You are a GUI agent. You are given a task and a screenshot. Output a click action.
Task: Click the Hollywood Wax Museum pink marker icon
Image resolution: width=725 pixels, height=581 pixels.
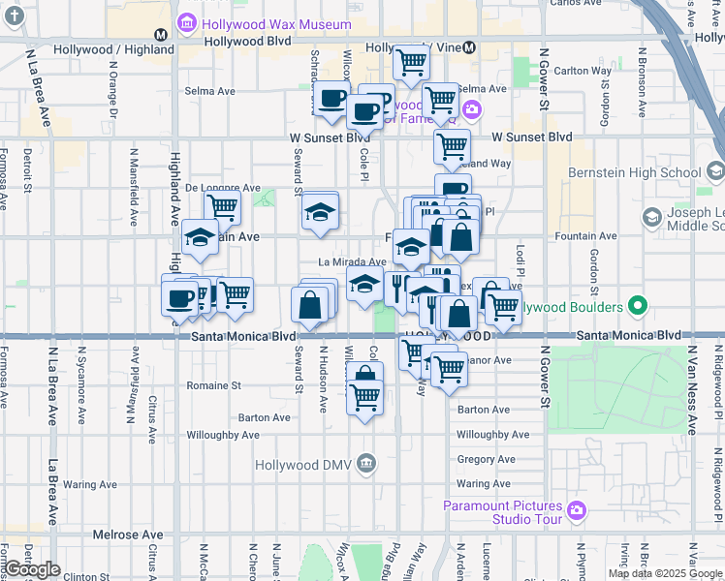click(185, 22)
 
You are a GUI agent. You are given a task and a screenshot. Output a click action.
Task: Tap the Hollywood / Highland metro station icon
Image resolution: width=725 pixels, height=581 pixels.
click(161, 34)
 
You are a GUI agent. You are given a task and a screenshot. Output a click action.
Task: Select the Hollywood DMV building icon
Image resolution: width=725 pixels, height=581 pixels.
click(365, 464)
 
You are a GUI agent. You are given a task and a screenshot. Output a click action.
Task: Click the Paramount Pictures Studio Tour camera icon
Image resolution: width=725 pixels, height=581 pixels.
click(577, 508)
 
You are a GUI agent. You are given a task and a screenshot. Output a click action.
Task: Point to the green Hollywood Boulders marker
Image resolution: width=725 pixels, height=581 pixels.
click(637, 307)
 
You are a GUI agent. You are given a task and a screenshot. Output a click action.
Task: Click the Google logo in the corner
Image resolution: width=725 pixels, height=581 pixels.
click(32, 569)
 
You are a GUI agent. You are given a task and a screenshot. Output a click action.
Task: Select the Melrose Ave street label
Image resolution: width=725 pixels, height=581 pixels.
click(128, 535)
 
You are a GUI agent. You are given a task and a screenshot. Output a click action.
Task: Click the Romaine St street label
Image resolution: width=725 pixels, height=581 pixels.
click(213, 385)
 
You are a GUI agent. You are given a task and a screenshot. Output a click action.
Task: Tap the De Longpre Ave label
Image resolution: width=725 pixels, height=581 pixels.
click(222, 188)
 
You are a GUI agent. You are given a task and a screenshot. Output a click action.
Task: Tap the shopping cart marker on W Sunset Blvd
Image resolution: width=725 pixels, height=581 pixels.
click(452, 146)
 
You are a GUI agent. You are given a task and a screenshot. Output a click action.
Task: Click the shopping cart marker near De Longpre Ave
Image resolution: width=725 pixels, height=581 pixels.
click(223, 206)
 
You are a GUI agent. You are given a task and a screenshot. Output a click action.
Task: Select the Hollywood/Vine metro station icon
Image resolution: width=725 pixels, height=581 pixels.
click(469, 46)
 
